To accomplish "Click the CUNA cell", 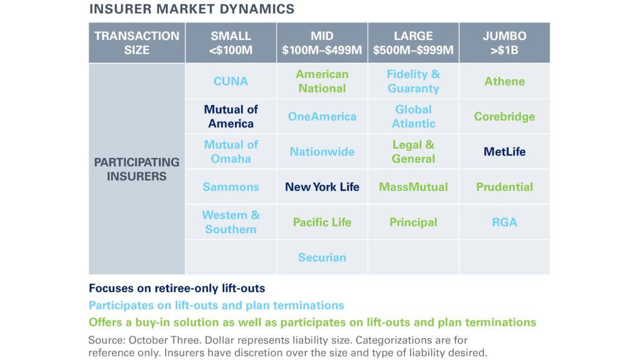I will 231,81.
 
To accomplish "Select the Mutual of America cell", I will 231,117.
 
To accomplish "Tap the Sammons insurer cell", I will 231,187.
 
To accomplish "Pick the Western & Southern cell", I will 231,222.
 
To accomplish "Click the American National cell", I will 322,81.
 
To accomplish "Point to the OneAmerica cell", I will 322,117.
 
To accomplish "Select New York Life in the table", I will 322,187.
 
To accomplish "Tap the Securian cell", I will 322,257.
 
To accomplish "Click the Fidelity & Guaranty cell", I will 413,81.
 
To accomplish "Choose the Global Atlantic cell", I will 413,117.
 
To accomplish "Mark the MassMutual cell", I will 413,187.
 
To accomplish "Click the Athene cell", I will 504,81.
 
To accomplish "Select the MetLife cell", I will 504,152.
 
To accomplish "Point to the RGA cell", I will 504,222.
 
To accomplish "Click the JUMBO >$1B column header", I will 504,43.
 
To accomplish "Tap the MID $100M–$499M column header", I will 322,43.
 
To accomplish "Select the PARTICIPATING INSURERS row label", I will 137,169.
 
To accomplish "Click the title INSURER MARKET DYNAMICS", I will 191,9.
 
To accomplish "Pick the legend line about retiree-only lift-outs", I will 177,288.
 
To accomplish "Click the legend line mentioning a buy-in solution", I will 312,322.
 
